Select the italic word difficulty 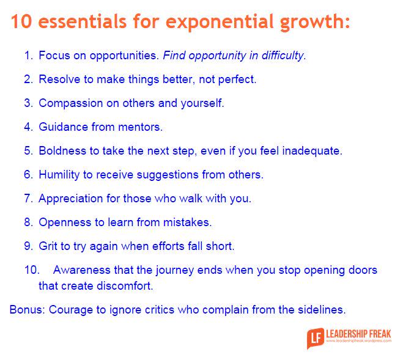[x=279, y=56]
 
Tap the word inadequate [x=312, y=151]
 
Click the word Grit [x=48, y=246]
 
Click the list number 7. [x=28, y=199]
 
